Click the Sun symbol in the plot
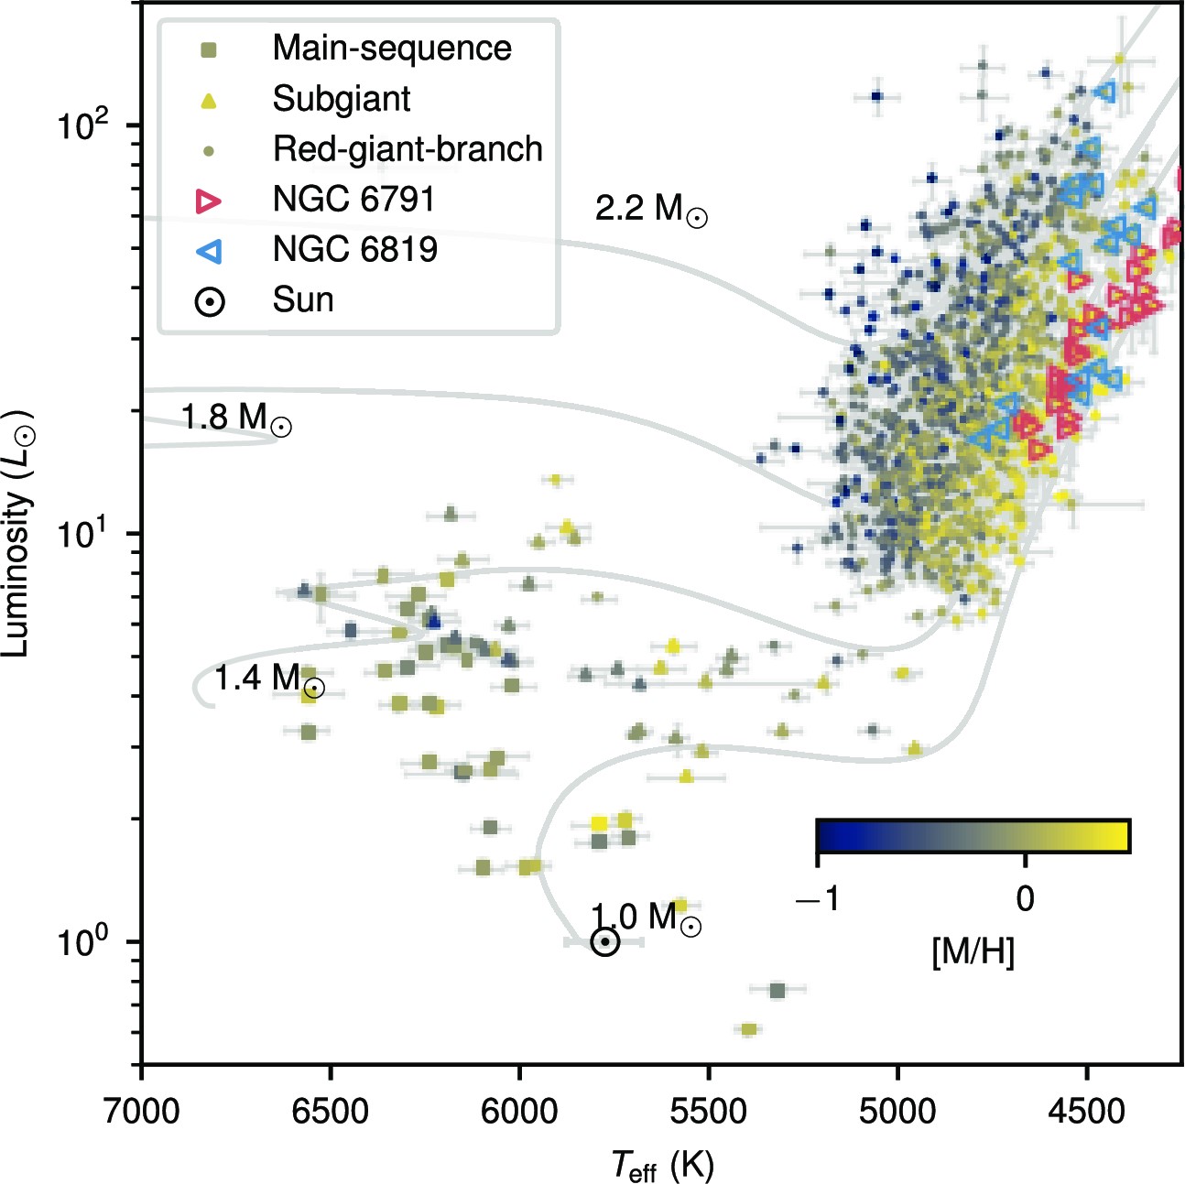pos(604,941)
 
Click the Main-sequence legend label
pos(392,48)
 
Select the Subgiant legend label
pos(342,98)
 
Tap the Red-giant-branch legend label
pos(408,148)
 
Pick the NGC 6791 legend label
pos(353,199)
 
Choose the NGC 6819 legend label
pos(355,249)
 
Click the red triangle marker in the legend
pos(210,201)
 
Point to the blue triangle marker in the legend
pos(210,250)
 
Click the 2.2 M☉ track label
pos(650,209)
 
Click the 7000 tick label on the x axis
pos(142,1112)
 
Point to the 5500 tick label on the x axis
pos(708,1112)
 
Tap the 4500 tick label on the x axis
pos(1086,1112)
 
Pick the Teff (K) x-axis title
pos(662,1166)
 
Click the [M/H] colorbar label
pos(973,952)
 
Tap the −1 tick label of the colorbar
pos(817,899)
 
